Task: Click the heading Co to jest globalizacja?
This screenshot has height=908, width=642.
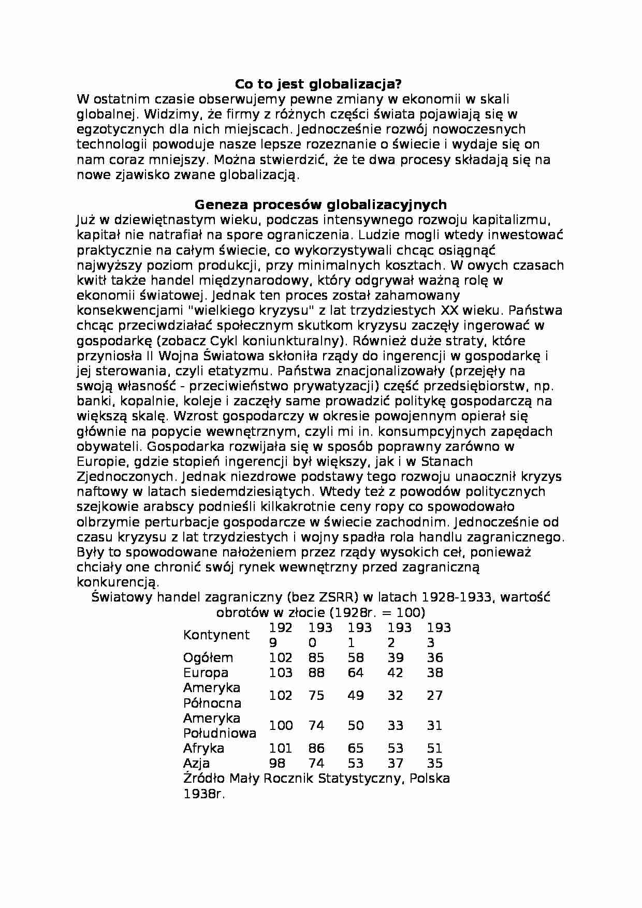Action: pos(318,84)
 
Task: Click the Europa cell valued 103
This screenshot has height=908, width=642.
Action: pos(281,673)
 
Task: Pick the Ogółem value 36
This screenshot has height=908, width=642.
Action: pos(435,658)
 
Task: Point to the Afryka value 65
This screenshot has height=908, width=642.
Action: pos(356,749)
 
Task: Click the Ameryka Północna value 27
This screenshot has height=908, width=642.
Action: pos(435,695)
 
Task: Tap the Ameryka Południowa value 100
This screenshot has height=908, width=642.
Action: pos(281,726)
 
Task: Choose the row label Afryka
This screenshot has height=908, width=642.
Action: pos(203,749)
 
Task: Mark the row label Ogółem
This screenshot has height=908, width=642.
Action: pos(208,658)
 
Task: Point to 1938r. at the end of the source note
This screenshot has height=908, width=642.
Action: pos(204,794)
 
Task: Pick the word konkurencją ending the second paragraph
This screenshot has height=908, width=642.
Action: pos(116,582)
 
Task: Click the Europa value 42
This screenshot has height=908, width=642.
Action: pos(395,673)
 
